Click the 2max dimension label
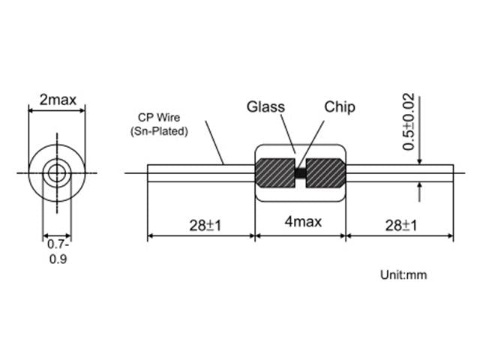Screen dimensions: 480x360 point(58,100)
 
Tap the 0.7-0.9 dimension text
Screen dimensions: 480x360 point(58,252)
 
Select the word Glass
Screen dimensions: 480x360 point(265,106)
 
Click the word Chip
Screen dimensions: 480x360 point(340,107)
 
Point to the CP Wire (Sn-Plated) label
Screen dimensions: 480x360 point(159,124)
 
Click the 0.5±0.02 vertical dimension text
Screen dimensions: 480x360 point(409,121)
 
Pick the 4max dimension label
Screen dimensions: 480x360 point(303,221)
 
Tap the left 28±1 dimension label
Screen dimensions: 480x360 point(205,226)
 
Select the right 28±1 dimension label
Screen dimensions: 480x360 point(401,226)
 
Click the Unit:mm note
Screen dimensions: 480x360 point(403,275)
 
